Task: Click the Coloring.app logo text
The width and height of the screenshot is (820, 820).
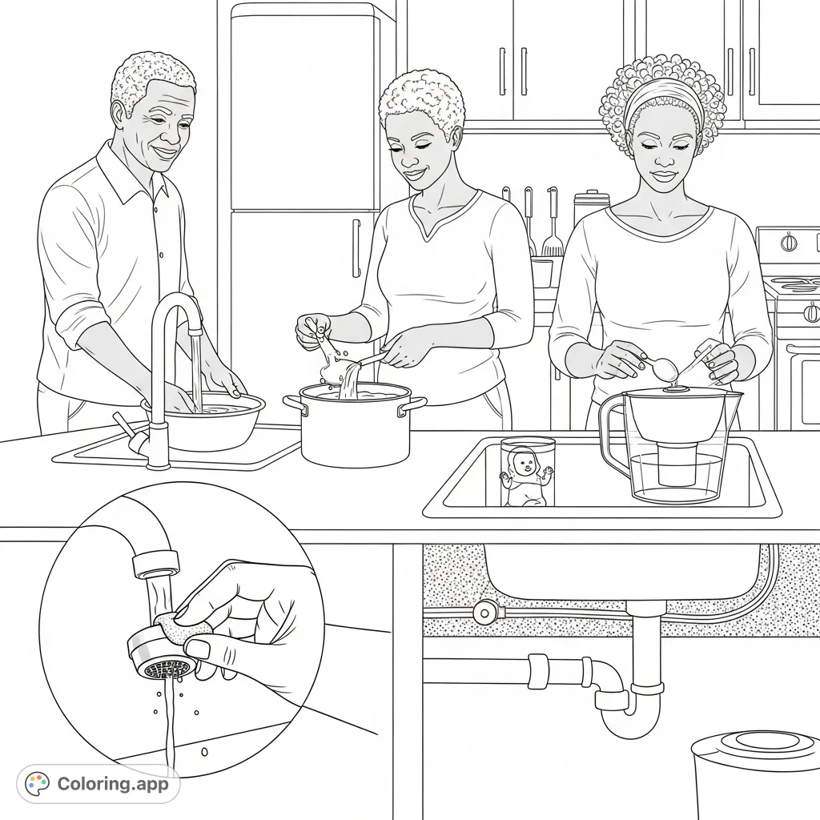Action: tap(113, 784)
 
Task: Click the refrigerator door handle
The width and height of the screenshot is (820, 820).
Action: tap(356, 248)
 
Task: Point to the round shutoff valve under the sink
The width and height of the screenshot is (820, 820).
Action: tap(484, 613)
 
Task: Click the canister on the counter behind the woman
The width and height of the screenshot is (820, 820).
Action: tap(591, 207)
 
